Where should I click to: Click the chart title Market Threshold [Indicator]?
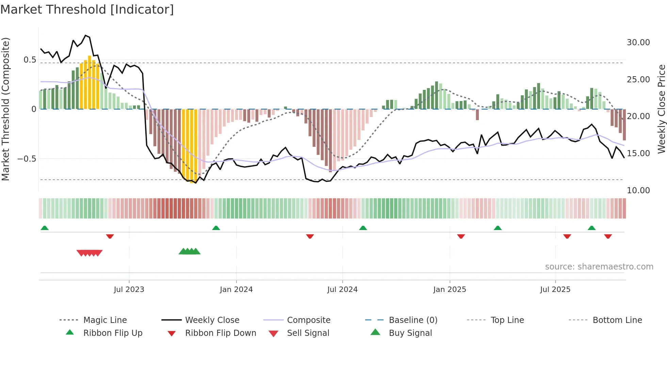(x=87, y=10)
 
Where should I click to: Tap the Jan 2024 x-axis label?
(x=236, y=290)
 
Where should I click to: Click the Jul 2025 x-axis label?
(x=555, y=290)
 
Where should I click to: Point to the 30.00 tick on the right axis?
(x=638, y=43)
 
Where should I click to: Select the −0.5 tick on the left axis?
(x=27, y=159)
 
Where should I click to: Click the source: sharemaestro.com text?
(x=599, y=267)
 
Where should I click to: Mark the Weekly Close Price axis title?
(x=661, y=109)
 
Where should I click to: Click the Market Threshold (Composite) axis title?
(x=5, y=109)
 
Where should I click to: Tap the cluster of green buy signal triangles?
(x=190, y=251)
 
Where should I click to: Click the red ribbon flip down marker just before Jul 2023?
(x=110, y=236)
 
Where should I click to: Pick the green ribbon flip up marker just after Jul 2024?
(x=363, y=228)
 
